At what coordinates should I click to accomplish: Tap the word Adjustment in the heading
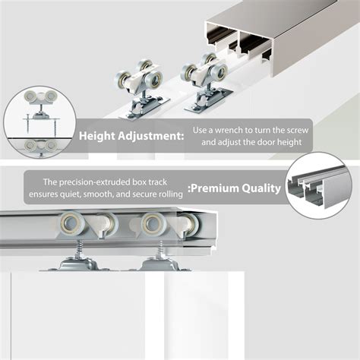coord(147,137)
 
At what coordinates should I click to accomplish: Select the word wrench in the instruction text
coord(233,130)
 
